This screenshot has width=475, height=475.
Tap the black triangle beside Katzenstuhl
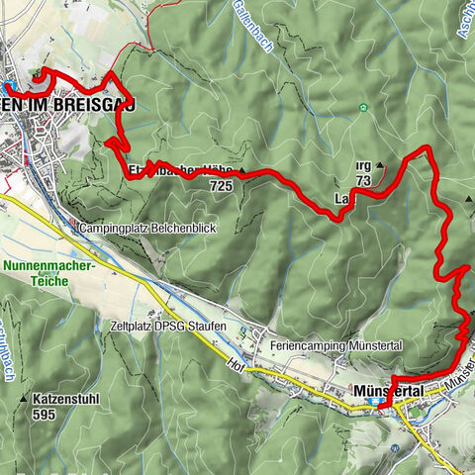pyautogui.click(x=24, y=401)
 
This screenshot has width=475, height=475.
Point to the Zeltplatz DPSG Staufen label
pyautogui.click(x=167, y=326)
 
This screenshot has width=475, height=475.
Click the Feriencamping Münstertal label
pyautogui.click(x=320, y=345)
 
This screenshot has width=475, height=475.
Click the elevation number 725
pyautogui.click(x=220, y=185)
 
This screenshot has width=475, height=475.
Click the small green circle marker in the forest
pyautogui.click(x=364, y=108)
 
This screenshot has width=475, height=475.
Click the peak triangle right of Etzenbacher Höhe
pyautogui.click(x=240, y=170)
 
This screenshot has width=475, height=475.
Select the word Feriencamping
pyautogui.click(x=300, y=345)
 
